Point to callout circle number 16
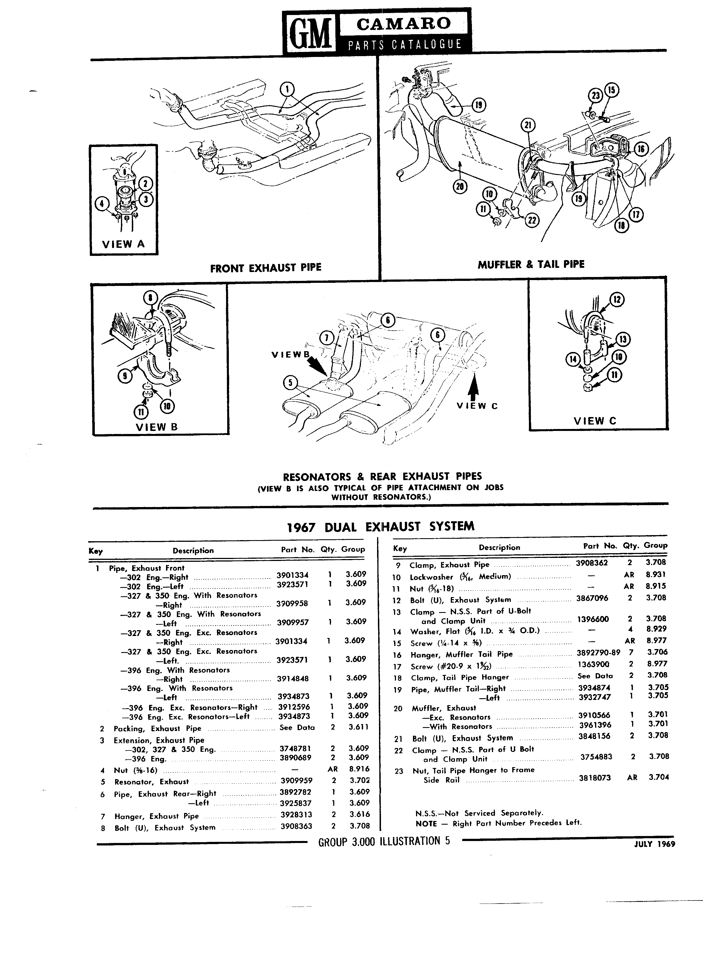[x=641, y=149]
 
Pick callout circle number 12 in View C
[x=617, y=299]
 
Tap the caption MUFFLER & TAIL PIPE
[x=531, y=264]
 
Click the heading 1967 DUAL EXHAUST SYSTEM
[x=381, y=526]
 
